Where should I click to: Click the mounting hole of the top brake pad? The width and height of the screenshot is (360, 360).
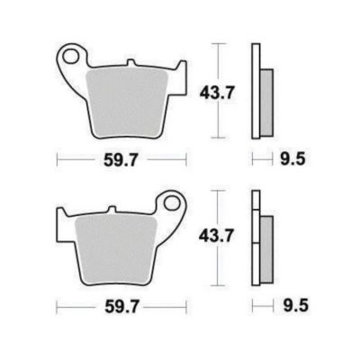click(x=70, y=57)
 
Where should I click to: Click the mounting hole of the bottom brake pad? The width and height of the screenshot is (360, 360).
click(x=172, y=203)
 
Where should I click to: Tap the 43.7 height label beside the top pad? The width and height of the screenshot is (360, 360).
click(x=216, y=94)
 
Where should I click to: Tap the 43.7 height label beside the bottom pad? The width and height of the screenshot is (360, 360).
click(x=216, y=236)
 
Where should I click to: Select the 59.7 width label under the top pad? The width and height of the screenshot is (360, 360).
click(x=121, y=160)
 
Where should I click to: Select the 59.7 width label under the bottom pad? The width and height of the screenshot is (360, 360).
click(x=121, y=307)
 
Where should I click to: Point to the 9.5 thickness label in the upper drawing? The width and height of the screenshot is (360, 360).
click(x=292, y=158)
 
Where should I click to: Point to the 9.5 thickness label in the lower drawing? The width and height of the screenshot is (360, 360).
click(x=295, y=306)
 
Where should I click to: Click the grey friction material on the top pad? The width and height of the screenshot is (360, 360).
click(x=127, y=102)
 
